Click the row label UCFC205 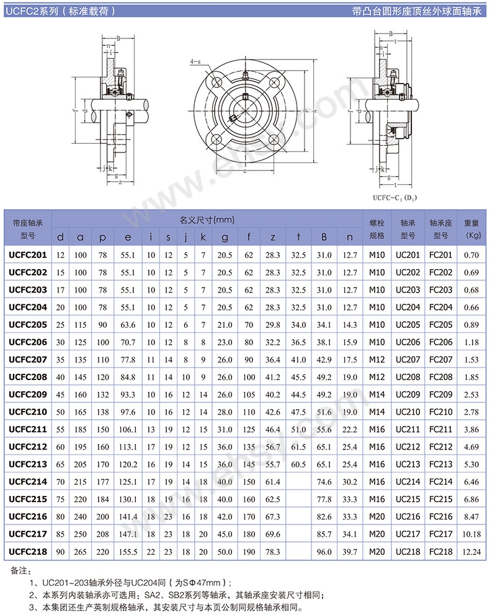tap(27, 325)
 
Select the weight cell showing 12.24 tap(471, 552)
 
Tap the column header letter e tap(128, 237)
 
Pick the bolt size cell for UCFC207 tap(376, 360)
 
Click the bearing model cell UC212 tap(408, 447)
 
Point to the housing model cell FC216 tap(440, 516)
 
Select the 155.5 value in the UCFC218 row tap(128, 552)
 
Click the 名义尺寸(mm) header tap(207, 220)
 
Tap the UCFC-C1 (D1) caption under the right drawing tap(394, 198)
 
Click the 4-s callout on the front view tap(195, 61)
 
